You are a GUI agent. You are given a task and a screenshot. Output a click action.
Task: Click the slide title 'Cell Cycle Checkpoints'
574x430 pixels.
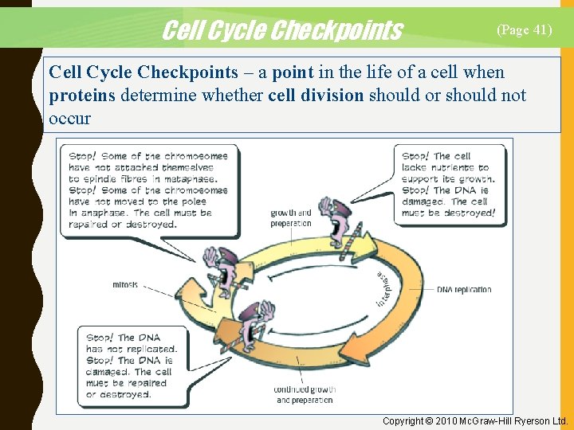coord(282,30)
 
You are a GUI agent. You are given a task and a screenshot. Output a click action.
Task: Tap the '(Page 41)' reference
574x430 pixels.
coord(524,29)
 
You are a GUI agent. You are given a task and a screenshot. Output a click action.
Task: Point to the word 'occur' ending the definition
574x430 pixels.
coord(70,119)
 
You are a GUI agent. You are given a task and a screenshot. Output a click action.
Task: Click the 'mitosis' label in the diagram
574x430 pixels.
coord(125,284)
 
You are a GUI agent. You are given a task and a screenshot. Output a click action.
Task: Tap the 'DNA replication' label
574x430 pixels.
coord(464,290)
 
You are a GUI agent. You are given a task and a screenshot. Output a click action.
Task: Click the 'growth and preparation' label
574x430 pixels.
coord(291,218)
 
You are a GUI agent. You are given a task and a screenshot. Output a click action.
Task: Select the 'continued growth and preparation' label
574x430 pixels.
coord(305,395)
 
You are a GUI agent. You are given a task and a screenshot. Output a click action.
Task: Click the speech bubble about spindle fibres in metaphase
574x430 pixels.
coord(148,190)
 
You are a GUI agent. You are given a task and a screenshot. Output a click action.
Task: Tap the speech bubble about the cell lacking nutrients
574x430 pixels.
coord(448,184)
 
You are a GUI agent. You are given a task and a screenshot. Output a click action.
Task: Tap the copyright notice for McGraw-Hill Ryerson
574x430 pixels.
coord(474,420)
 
